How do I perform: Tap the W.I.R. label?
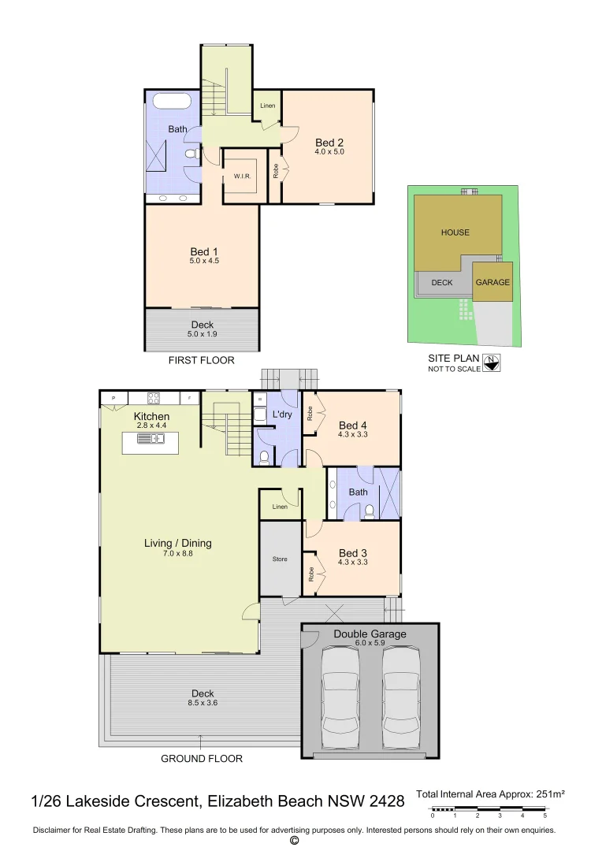(241, 177)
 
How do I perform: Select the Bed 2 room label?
(329, 143)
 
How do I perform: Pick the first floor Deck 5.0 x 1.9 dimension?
(203, 334)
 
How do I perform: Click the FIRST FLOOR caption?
(202, 360)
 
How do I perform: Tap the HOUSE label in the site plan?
(455, 232)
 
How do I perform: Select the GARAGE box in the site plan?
(492, 282)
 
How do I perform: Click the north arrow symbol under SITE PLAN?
(493, 363)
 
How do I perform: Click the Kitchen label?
(151, 416)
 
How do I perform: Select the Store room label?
(281, 559)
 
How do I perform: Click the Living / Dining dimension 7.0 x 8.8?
(178, 554)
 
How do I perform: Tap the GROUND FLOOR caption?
(202, 759)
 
